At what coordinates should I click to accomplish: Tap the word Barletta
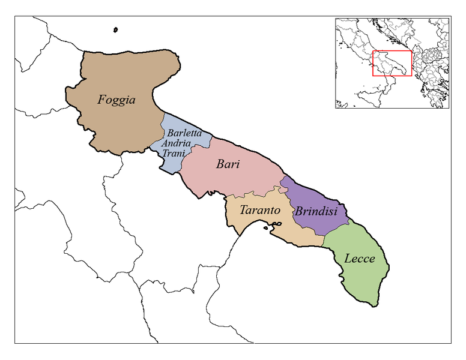(184, 133)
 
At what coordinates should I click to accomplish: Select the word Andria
(177, 143)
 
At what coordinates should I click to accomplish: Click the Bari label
(228, 164)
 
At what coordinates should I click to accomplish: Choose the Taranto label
(259, 211)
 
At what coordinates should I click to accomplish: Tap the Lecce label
(360, 259)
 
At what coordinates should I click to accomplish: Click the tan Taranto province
(288, 231)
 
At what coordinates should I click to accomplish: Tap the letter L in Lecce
(348, 259)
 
